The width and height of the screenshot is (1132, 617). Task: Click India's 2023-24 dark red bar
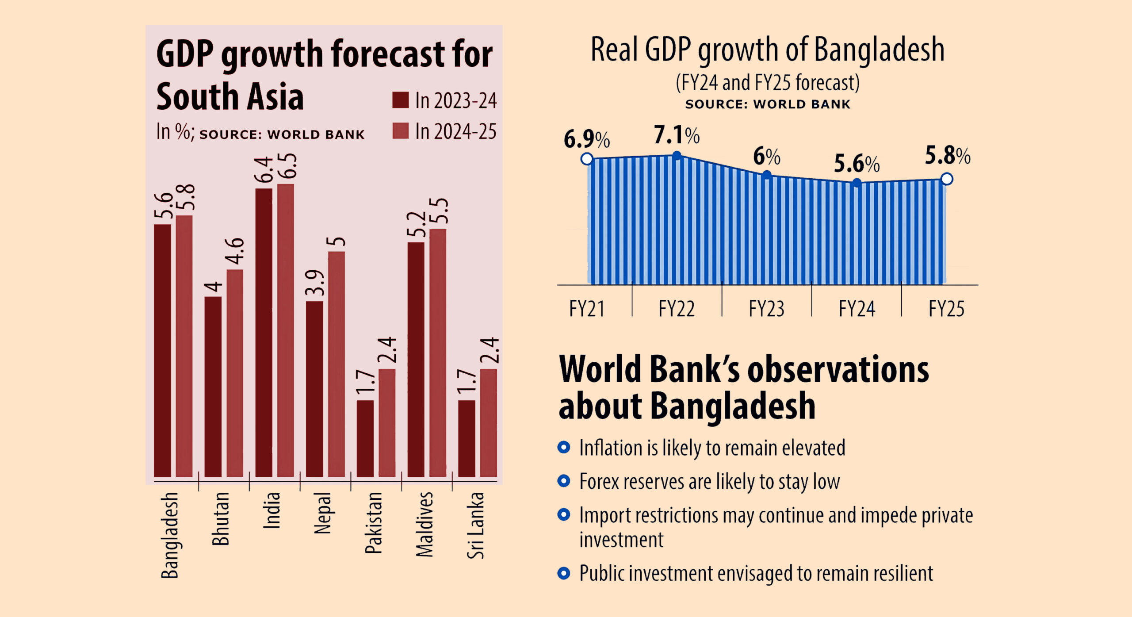click(x=264, y=332)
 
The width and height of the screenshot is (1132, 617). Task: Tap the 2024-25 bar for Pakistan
click(x=386, y=422)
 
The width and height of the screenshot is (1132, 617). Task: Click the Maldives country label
click(x=424, y=524)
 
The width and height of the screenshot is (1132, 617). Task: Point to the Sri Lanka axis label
click(x=475, y=525)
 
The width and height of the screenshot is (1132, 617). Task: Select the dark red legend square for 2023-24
click(x=400, y=100)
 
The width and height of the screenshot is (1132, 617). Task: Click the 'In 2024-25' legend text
click(x=455, y=131)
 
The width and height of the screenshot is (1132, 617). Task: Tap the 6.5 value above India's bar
click(x=287, y=166)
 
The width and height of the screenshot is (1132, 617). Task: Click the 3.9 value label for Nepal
click(x=315, y=283)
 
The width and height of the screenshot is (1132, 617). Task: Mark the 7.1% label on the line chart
click(x=677, y=135)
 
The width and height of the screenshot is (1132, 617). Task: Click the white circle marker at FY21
click(x=587, y=159)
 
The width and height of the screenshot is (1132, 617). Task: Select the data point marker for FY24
click(x=857, y=183)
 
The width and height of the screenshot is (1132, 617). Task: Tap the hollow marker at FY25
click(x=946, y=179)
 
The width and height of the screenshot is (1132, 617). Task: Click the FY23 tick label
click(x=766, y=309)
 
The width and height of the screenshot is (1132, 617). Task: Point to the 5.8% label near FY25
click(x=947, y=156)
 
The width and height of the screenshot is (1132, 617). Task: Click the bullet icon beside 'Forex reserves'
click(x=563, y=481)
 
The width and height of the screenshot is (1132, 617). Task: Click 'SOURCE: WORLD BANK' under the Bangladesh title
click(x=768, y=104)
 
